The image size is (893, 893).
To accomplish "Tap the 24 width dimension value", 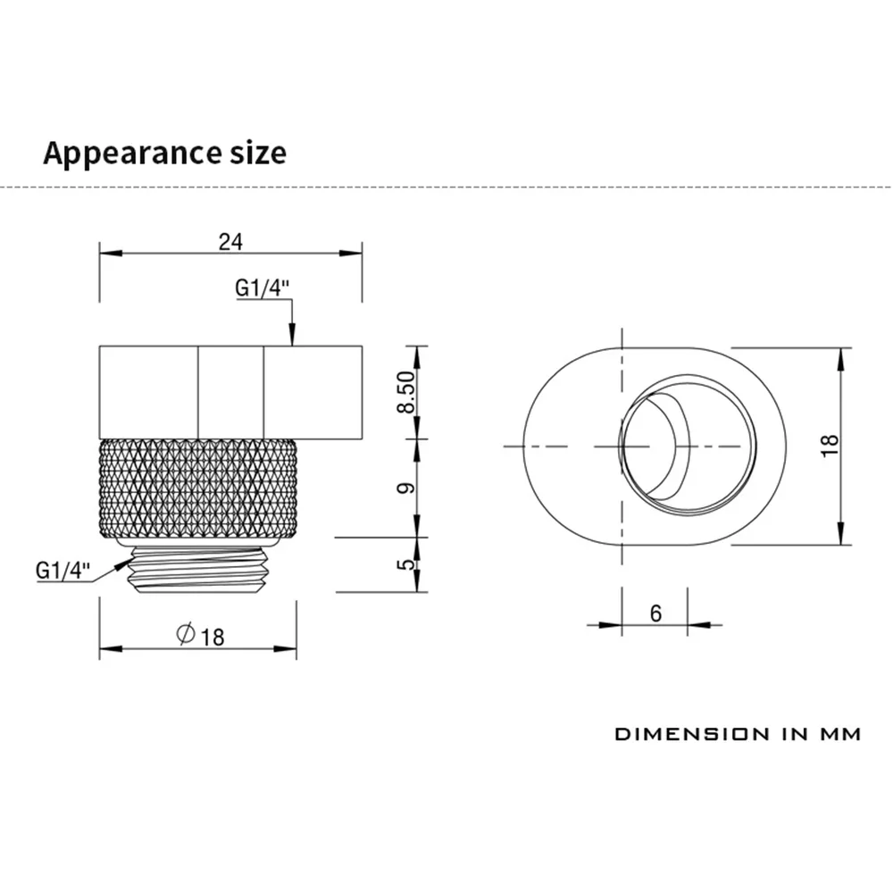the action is coord(230,242).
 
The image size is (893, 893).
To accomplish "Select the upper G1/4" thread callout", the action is coord(263,288).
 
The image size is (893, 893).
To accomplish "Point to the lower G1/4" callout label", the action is coord(63,570).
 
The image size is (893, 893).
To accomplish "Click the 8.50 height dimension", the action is coord(406,392).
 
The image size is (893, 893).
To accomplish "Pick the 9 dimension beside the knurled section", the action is coord(406,488).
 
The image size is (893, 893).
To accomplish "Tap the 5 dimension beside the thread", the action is coord(406,564).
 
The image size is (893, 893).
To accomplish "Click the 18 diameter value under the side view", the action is coord(213,637).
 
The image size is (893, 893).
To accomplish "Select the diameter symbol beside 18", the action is coord(186,634).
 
